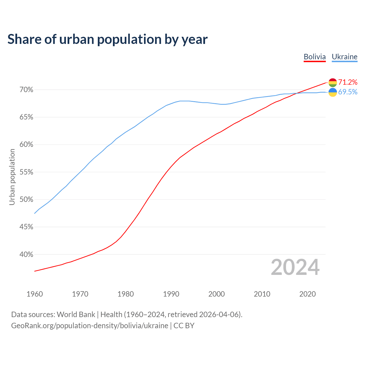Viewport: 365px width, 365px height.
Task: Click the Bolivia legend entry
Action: (315, 57)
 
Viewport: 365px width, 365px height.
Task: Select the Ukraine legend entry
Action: (344, 57)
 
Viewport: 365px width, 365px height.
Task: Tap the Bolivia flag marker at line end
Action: (332, 83)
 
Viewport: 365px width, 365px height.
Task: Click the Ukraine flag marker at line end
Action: (332, 92)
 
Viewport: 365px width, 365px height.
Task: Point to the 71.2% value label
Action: (348, 82)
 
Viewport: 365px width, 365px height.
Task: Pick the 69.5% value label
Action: (348, 92)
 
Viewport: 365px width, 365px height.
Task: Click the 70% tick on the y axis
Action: (26, 90)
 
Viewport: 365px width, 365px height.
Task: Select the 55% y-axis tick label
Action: (26, 172)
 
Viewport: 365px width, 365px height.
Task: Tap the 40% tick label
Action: (26, 254)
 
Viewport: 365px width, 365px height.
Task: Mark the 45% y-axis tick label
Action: (26, 227)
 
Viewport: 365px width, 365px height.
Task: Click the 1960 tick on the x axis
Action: (35, 294)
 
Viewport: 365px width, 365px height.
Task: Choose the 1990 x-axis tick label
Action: (171, 294)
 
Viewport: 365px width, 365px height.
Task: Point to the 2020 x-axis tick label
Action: (307, 294)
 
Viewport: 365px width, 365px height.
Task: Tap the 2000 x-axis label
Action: (216, 294)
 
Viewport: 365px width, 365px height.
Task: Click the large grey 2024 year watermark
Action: (295, 267)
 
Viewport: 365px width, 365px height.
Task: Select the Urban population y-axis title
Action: (12, 177)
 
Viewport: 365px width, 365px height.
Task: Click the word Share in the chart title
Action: (24, 39)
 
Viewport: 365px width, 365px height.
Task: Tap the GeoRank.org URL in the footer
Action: (90, 326)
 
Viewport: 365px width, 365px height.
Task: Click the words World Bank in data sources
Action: (76, 315)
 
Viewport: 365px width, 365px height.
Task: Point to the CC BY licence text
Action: (184, 326)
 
